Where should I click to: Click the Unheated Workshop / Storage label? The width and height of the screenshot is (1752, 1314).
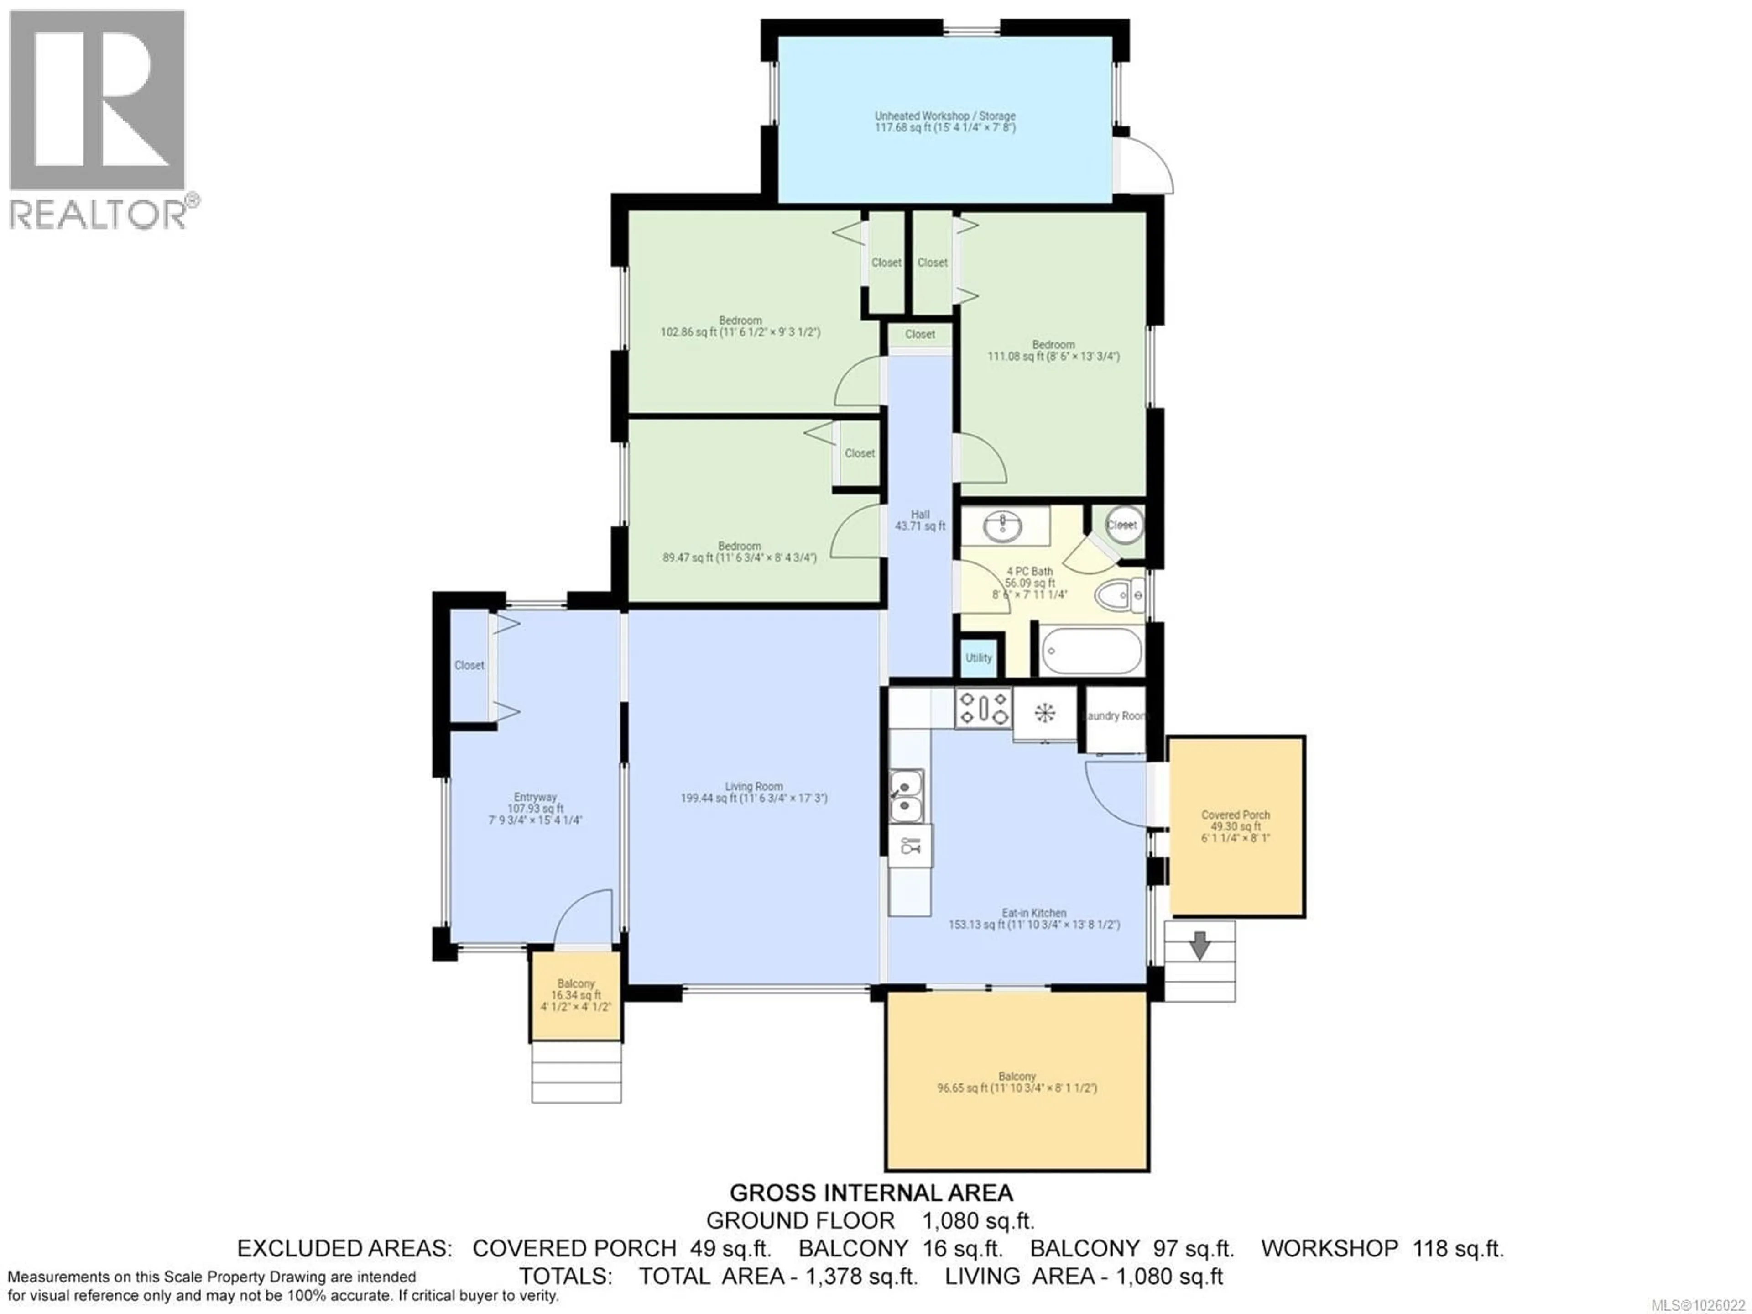[x=945, y=121]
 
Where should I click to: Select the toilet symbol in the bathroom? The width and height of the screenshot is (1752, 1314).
[x=1117, y=594]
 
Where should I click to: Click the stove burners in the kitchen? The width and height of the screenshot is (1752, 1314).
[x=983, y=708]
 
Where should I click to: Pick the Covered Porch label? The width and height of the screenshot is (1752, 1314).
[x=1235, y=826]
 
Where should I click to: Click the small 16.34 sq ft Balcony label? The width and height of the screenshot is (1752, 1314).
[x=576, y=994]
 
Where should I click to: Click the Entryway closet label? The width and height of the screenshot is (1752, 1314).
[x=469, y=665]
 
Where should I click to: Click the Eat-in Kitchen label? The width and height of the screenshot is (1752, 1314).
[x=1033, y=918]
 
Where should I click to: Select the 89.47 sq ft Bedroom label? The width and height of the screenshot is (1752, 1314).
[x=739, y=552]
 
